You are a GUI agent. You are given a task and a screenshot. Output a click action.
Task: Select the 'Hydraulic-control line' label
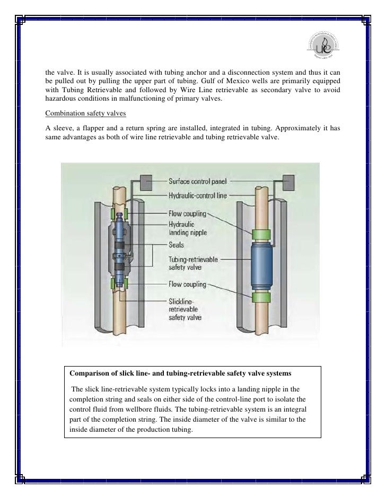click(x=197, y=195)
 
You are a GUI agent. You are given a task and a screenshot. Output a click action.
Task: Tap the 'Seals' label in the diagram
click(x=177, y=245)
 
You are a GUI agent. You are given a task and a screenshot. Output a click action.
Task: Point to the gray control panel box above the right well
click(x=289, y=182)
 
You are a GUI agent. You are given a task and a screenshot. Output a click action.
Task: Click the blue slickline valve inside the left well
click(x=121, y=249)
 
